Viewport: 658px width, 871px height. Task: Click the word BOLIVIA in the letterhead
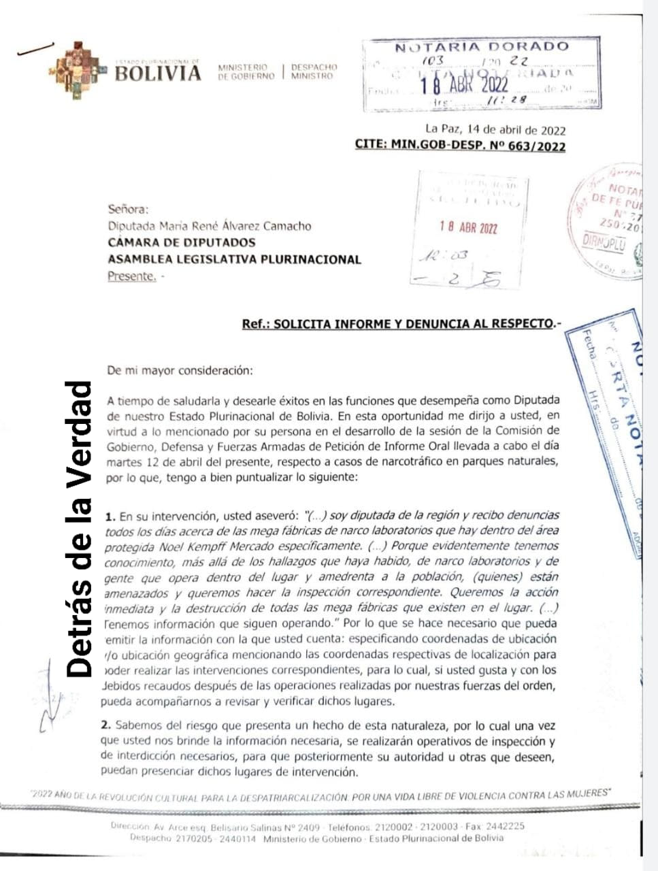coord(158,72)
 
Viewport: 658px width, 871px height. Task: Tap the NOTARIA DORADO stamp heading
coord(481,47)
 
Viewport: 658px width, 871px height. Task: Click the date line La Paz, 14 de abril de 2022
coord(495,129)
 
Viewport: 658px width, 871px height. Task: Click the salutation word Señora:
coord(128,210)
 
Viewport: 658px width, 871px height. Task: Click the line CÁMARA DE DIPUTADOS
coord(182,242)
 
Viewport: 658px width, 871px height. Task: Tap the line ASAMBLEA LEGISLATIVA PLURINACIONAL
coord(235,259)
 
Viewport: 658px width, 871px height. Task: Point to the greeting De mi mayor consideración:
coord(180,371)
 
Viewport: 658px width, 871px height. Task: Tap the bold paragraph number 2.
coord(110,725)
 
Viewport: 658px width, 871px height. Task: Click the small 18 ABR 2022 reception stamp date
coord(469,227)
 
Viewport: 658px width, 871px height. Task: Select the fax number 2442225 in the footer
coord(507,826)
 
